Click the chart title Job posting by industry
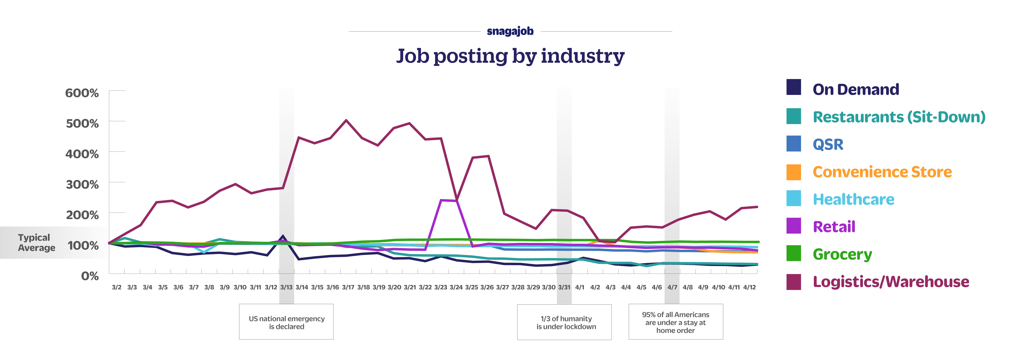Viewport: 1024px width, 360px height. point(510,56)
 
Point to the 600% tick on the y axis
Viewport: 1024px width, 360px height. point(82,93)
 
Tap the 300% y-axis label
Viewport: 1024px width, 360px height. point(82,184)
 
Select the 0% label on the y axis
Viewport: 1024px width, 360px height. point(90,276)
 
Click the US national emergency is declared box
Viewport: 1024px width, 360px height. point(286,322)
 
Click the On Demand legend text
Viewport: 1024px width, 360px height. point(855,89)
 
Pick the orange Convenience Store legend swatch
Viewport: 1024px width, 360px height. point(793,172)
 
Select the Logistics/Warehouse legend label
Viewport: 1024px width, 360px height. point(891,282)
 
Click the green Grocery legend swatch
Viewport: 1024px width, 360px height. point(793,254)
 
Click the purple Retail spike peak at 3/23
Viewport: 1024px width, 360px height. point(441,200)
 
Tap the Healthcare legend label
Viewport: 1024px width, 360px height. point(853,199)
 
